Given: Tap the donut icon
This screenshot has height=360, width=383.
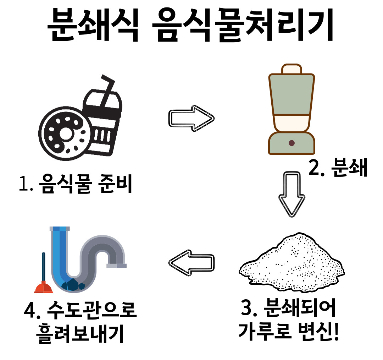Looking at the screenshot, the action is point(64,133).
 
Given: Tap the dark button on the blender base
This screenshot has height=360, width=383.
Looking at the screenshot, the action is point(292,143).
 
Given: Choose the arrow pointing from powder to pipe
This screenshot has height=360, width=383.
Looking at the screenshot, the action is point(191,262).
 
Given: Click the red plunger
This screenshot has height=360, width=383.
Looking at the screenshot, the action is point(43,280).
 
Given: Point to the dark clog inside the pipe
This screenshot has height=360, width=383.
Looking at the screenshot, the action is point(72,284).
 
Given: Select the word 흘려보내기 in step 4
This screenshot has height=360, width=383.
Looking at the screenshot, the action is point(80,334).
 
